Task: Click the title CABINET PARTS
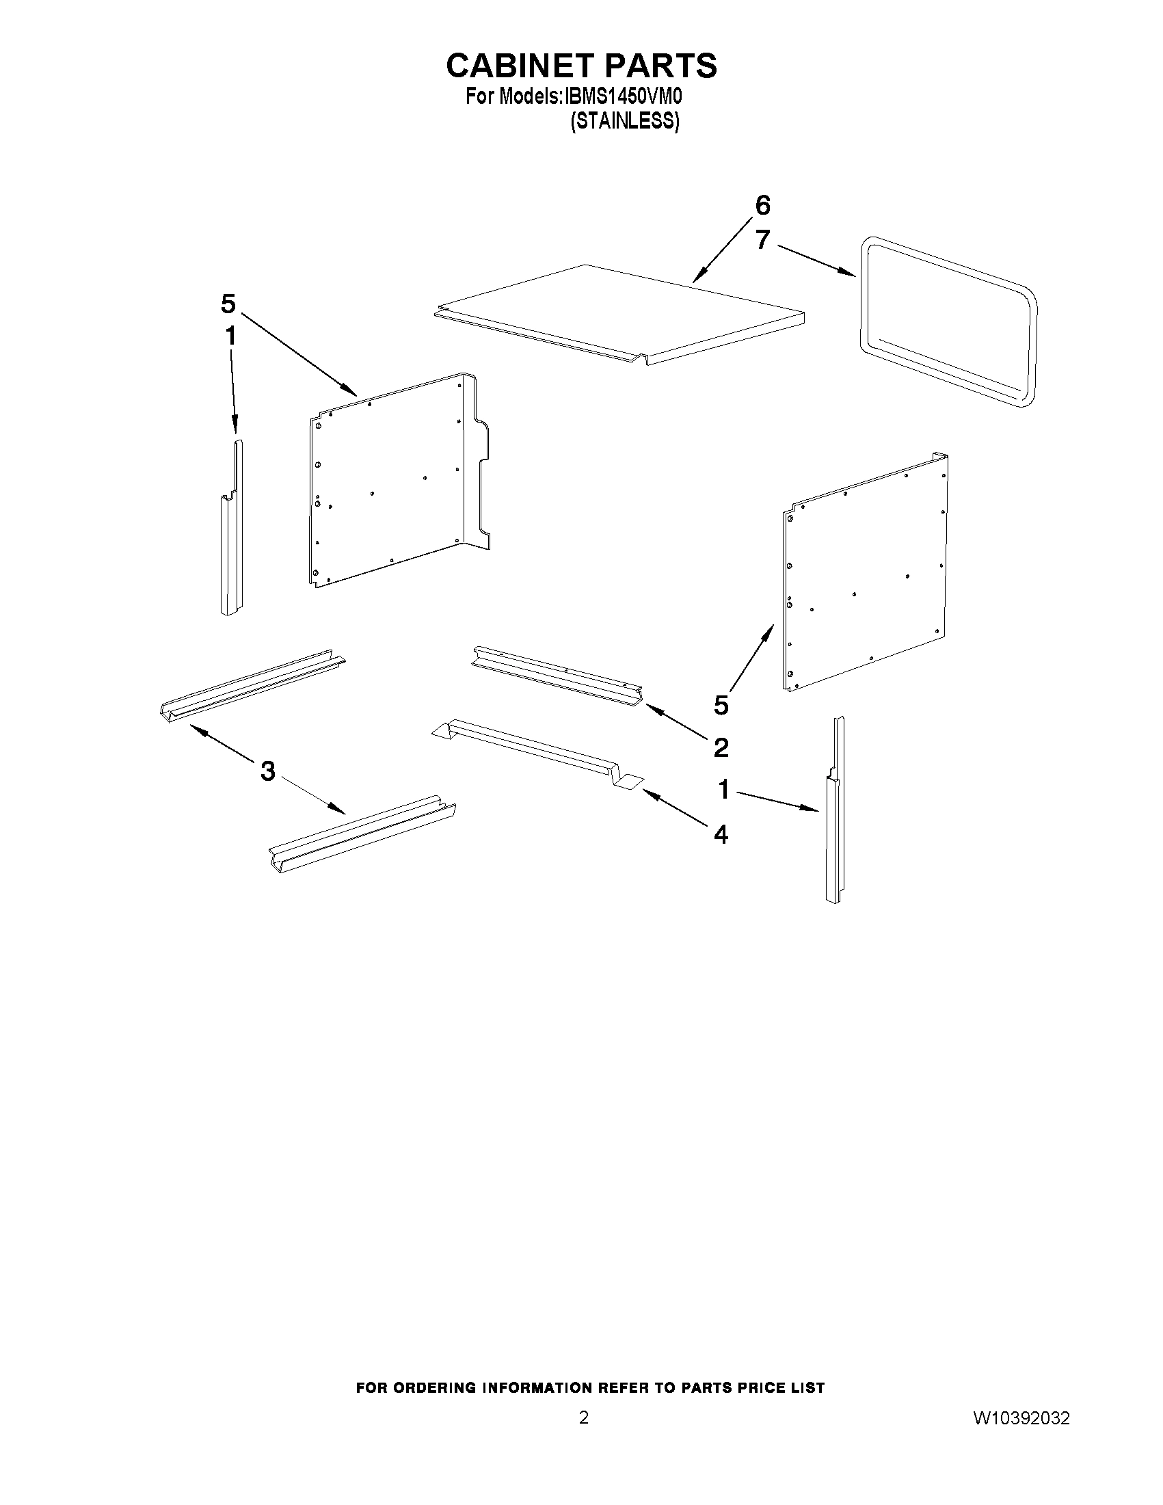581,66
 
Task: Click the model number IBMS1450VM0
624,97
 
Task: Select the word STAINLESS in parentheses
625,121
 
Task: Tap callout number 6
762,205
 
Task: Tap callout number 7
762,240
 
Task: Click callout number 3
268,771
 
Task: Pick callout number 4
721,834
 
